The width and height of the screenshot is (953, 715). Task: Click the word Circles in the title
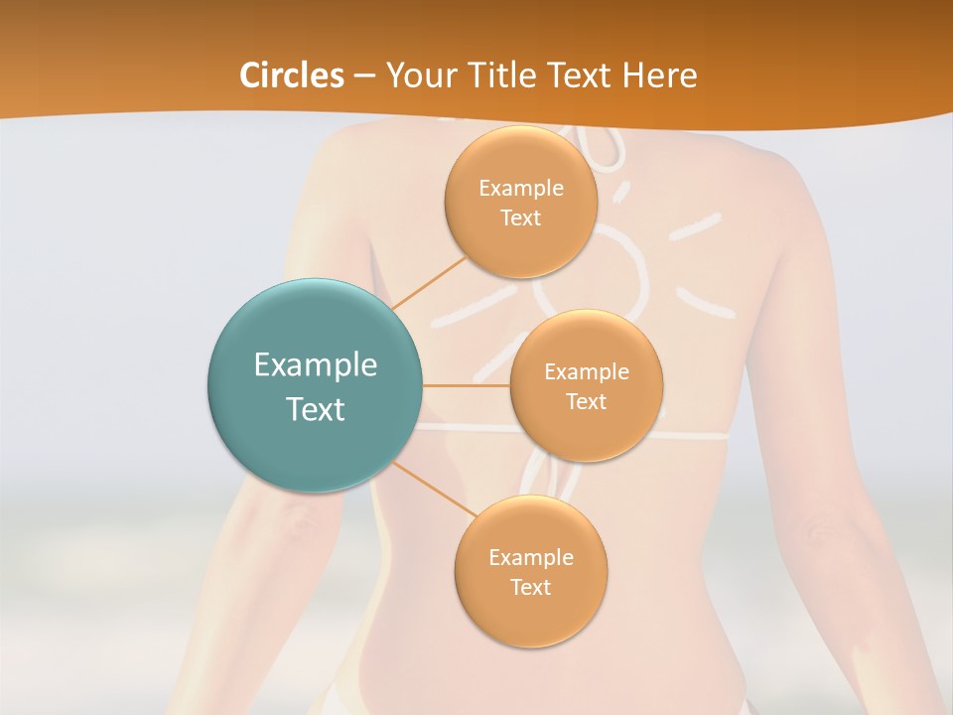[x=292, y=75]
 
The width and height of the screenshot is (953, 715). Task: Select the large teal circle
[x=315, y=386]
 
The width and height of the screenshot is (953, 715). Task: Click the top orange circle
[x=520, y=203]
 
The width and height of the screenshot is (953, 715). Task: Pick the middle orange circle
[x=587, y=386]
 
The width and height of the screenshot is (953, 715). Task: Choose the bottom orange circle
[x=530, y=572]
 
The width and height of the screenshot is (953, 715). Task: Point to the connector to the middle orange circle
[x=466, y=386]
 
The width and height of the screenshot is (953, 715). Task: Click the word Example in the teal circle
[x=315, y=365]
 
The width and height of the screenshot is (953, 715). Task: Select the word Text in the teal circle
[x=315, y=409]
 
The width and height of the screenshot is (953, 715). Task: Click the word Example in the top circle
[x=520, y=189]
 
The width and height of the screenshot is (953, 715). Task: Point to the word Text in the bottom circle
[x=530, y=587]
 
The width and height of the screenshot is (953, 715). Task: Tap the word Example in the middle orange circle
[x=587, y=372]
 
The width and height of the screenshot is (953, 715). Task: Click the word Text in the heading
[x=579, y=75]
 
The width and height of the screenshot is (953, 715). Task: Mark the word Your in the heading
[x=420, y=75]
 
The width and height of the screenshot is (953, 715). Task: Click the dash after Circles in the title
[x=364, y=76]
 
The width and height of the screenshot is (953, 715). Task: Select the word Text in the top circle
[x=520, y=217]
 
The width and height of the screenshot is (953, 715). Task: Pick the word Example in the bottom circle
[x=530, y=557]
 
